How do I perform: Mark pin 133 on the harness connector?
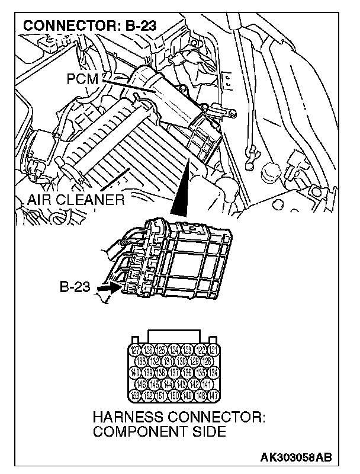coord(142,361)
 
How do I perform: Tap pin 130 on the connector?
coord(180,361)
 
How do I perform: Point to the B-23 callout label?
coord(75,288)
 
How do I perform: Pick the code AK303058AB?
coord(296,457)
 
